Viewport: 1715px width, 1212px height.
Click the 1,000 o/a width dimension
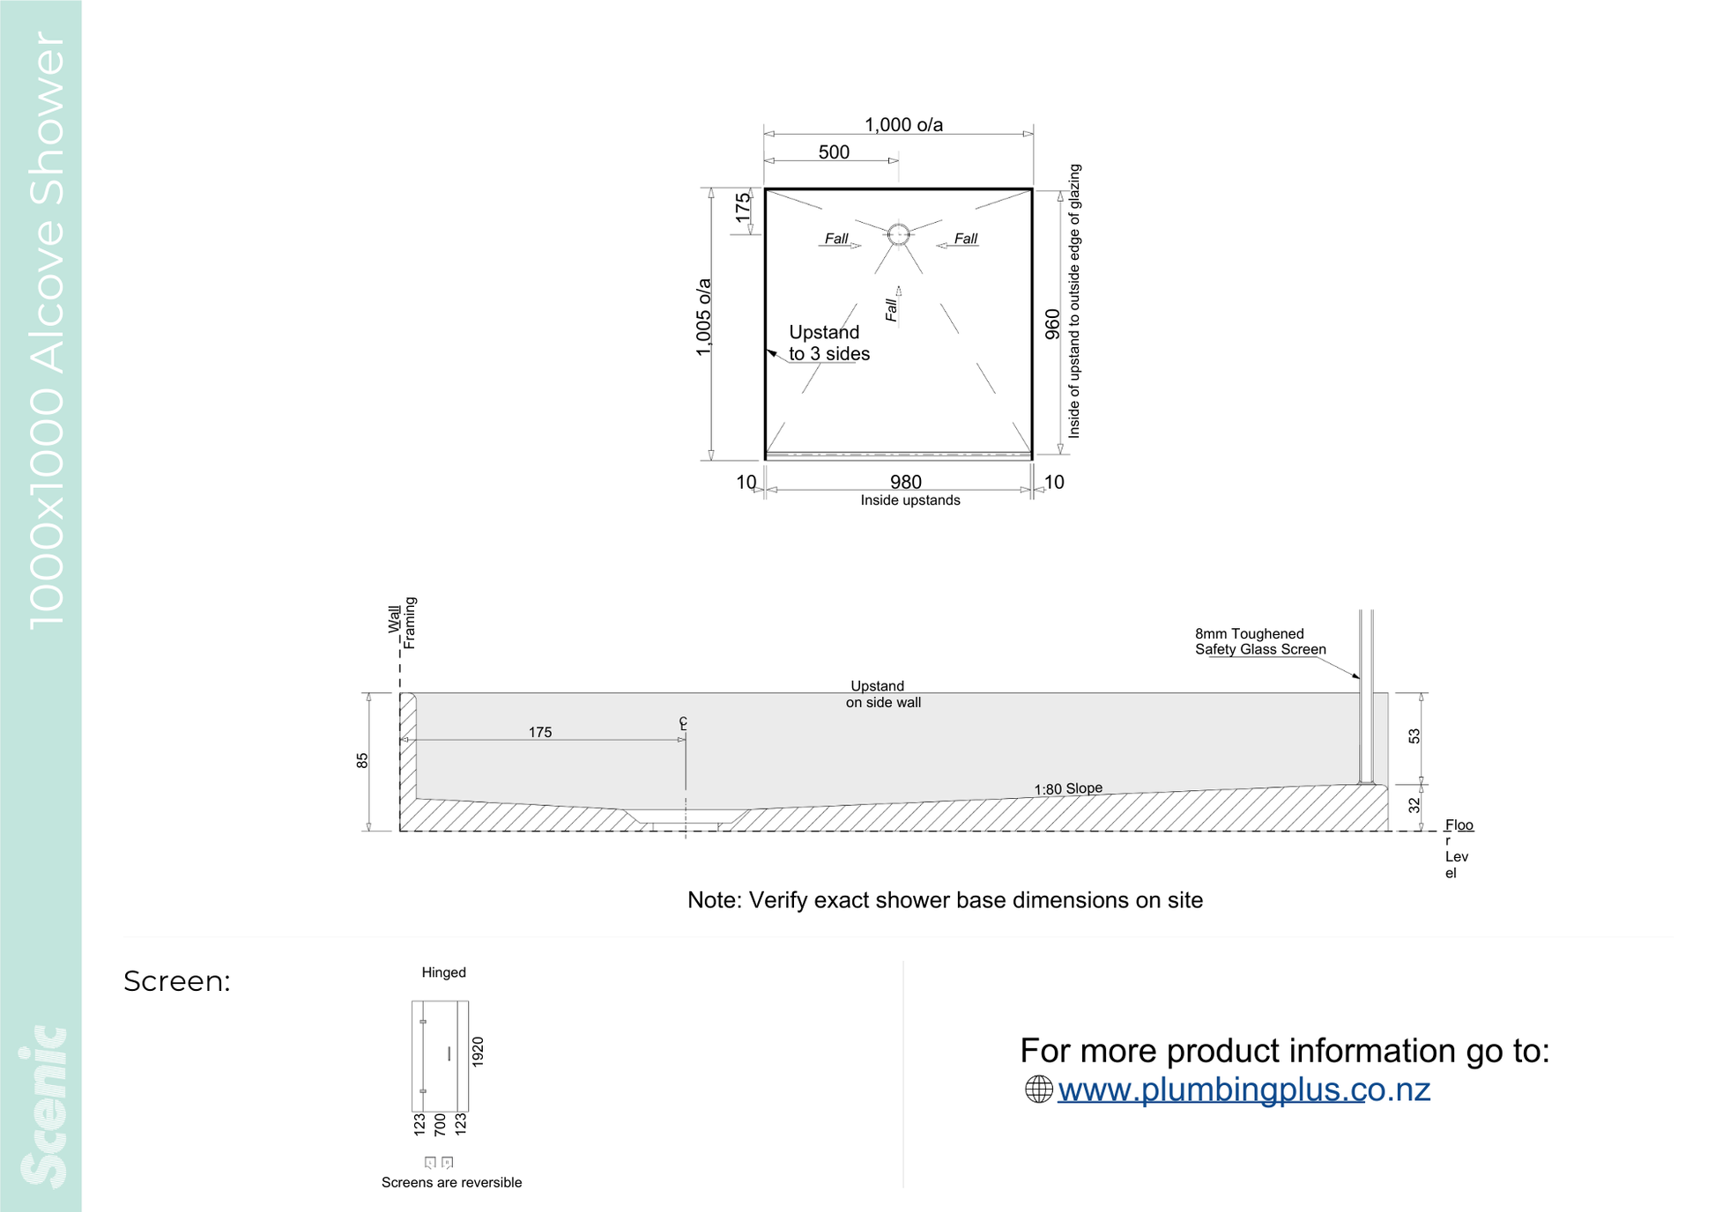click(903, 125)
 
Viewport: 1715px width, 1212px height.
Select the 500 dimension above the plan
click(834, 152)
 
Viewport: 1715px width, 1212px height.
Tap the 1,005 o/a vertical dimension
click(703, 318)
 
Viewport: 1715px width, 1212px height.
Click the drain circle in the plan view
click(898, 234)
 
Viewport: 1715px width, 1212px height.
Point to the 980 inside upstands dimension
click(906, 482)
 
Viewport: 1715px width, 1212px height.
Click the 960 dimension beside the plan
click(1052, 324)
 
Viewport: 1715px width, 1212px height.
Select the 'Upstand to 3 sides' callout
click(828, 343)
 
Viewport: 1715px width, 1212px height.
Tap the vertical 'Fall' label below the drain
click(891, 310)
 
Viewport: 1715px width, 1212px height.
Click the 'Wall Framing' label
click(402, 623)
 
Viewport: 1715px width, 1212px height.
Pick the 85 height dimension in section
click(362, 760)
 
